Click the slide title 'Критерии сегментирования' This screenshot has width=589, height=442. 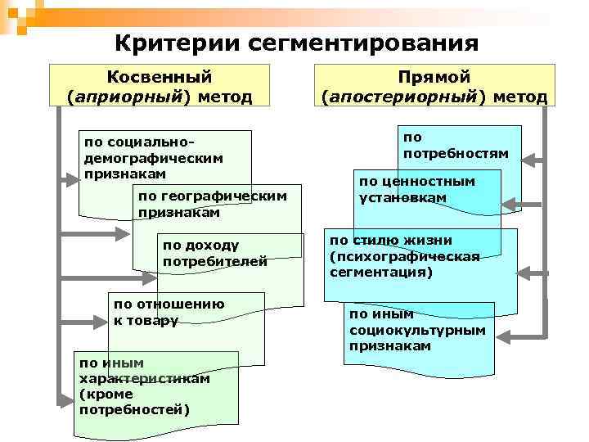(295, 42)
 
